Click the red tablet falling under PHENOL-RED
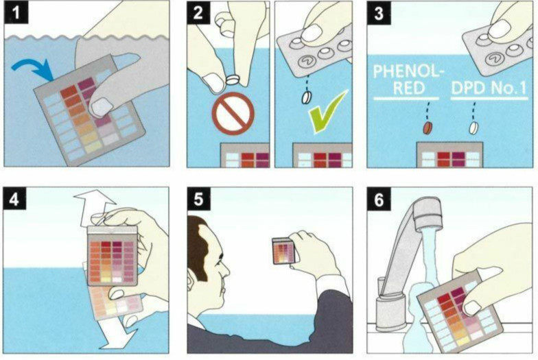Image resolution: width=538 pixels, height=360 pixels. (x=427, y=128)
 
